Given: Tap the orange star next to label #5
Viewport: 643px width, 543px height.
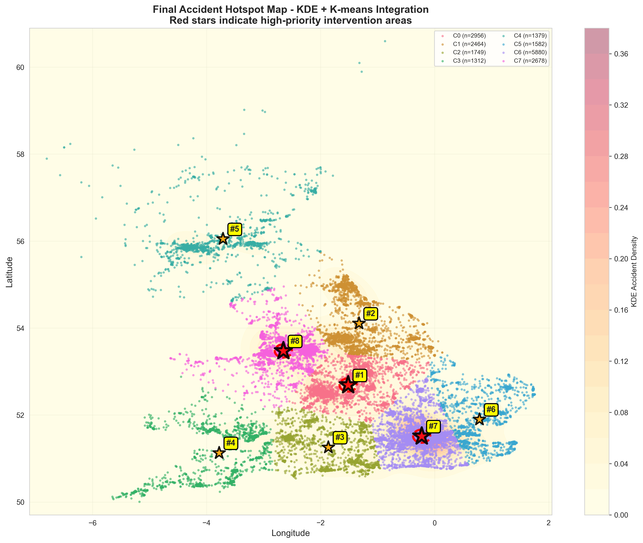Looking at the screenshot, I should tap(223, 238).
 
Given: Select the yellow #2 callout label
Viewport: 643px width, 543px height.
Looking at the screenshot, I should tap(370, 314).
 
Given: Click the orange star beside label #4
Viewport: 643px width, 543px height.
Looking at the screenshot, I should tap(219, 453).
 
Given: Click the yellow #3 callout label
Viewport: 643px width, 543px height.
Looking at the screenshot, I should tap(340, 437).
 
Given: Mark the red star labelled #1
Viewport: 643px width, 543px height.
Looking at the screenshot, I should tap(348, 385).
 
